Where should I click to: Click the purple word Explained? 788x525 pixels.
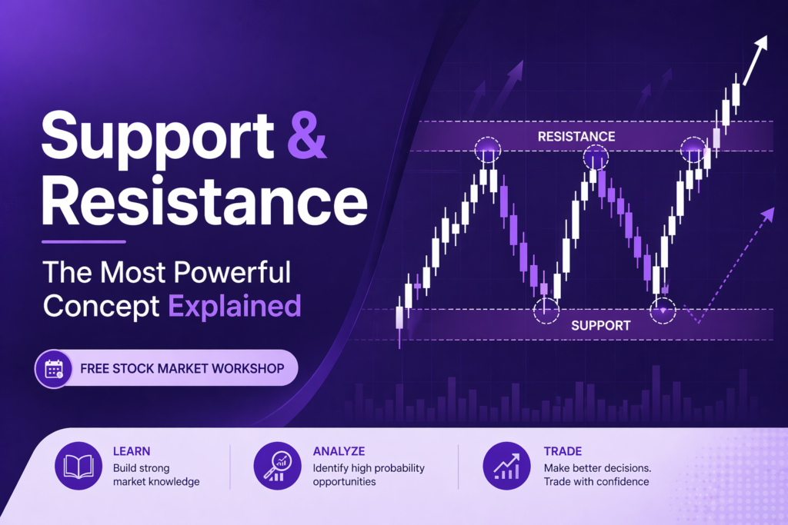[x=235, y=306]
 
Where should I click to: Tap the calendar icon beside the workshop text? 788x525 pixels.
[x=54, y=369]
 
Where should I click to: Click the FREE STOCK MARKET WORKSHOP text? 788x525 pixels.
[x=182, y=369]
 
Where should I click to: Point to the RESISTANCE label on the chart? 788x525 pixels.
[x=576, y=137]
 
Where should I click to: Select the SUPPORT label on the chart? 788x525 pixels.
[x=600, y=325]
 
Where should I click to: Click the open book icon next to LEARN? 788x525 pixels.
[x=78, y=467]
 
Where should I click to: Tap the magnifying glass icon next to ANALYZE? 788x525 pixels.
[x=276, y=467]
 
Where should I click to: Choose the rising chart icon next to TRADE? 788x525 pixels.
[x=506, y=467]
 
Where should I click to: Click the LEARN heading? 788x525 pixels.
[x=132, y=451]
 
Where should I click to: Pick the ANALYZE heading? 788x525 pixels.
[x=339, y=451]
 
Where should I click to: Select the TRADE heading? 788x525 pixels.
[x=563, y=451]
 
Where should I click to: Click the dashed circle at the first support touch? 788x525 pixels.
[x=546, y=311]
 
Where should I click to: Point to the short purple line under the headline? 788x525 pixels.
[x=84, y=242]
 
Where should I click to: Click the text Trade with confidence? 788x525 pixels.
[x=596, y=482]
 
